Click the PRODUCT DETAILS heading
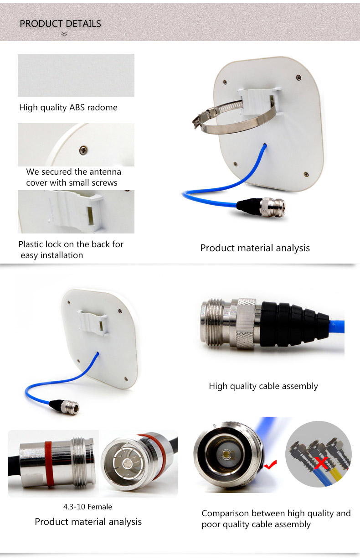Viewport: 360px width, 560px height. point(60,24)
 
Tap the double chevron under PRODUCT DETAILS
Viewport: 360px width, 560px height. point(64,34)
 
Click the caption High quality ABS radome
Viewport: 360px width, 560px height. point(68,108)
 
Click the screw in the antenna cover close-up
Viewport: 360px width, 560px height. point(83,150)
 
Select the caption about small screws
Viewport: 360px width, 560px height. point(73,177)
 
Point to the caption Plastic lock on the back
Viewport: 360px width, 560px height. point(71,249)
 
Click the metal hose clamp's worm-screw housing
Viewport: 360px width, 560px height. point(206,116)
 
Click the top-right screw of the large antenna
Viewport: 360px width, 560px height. point(298,78)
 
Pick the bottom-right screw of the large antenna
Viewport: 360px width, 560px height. point(306,174)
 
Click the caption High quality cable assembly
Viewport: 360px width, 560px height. point(263,386)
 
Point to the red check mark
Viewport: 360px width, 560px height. point(270,465)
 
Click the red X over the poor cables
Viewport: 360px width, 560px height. point(321,463)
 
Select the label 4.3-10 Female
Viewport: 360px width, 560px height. point(87,507)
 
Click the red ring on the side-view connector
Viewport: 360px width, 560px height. point(48,464)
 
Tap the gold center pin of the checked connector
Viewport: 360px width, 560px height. point(226,453)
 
